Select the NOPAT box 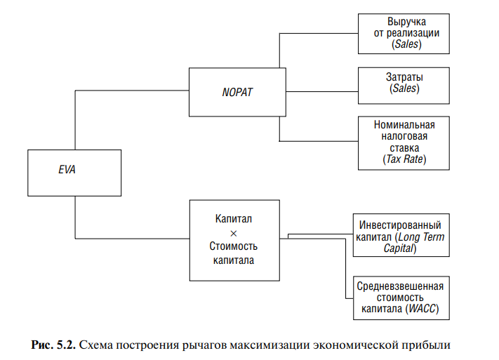(x=237, y=92)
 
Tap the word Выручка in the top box (x=402, y=22)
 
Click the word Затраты (x=404, y=76)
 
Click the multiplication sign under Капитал (x=234, y=232)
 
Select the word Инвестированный (x=399, y=226)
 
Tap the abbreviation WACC (x=424, y=308)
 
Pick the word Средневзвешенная (x=400, y=286)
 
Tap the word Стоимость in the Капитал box (x=234, y=246)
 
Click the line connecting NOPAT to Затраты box (x=321, y=91)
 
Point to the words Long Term (x=425, y=237)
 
